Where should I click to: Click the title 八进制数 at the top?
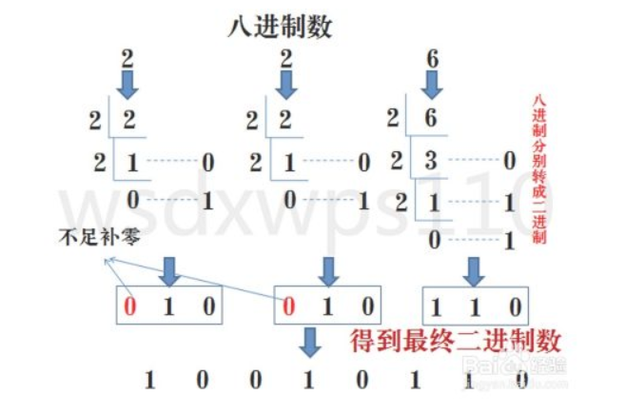[x=280, y=27]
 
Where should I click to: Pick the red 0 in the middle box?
[x=289, y=306]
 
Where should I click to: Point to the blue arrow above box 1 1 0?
[x=472, y=268]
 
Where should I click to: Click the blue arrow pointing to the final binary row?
[x=309, y=342]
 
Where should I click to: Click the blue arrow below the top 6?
[x=433, y=87]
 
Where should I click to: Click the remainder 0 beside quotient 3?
[x=508, y=162]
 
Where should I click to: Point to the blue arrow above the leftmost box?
[x=169, y=268]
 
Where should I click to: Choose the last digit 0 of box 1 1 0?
[x=515, y=306]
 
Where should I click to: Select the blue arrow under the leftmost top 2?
[x=128, y=87]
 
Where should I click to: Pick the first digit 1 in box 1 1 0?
[x=438, y=306]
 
